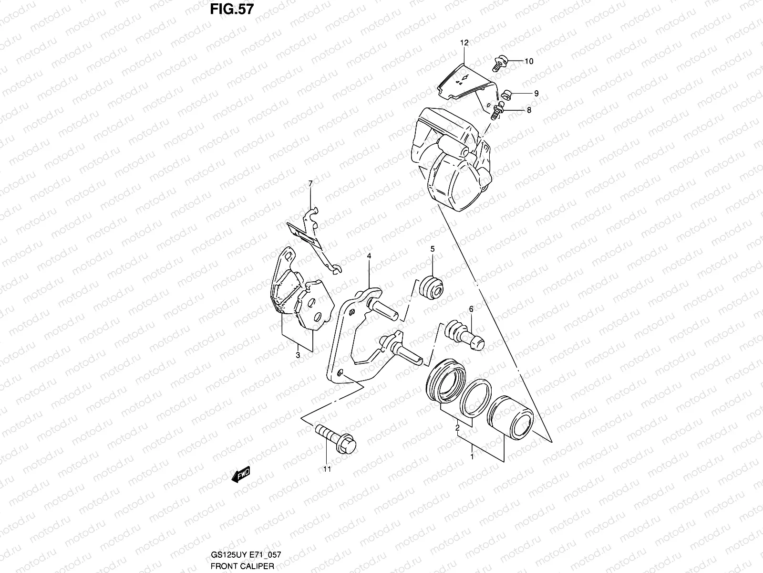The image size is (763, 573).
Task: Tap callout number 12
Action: [x=464, y=43]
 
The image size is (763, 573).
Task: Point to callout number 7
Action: [x=310, y=183]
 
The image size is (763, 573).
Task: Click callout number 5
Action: [x=433, y=249]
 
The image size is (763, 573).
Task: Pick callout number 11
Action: [x=326, y=469]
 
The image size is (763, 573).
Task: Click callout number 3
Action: [x=298, y=355]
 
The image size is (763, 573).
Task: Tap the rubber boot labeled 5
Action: [x=432, y=286]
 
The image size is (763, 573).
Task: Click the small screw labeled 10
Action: [x=498, y=63]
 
